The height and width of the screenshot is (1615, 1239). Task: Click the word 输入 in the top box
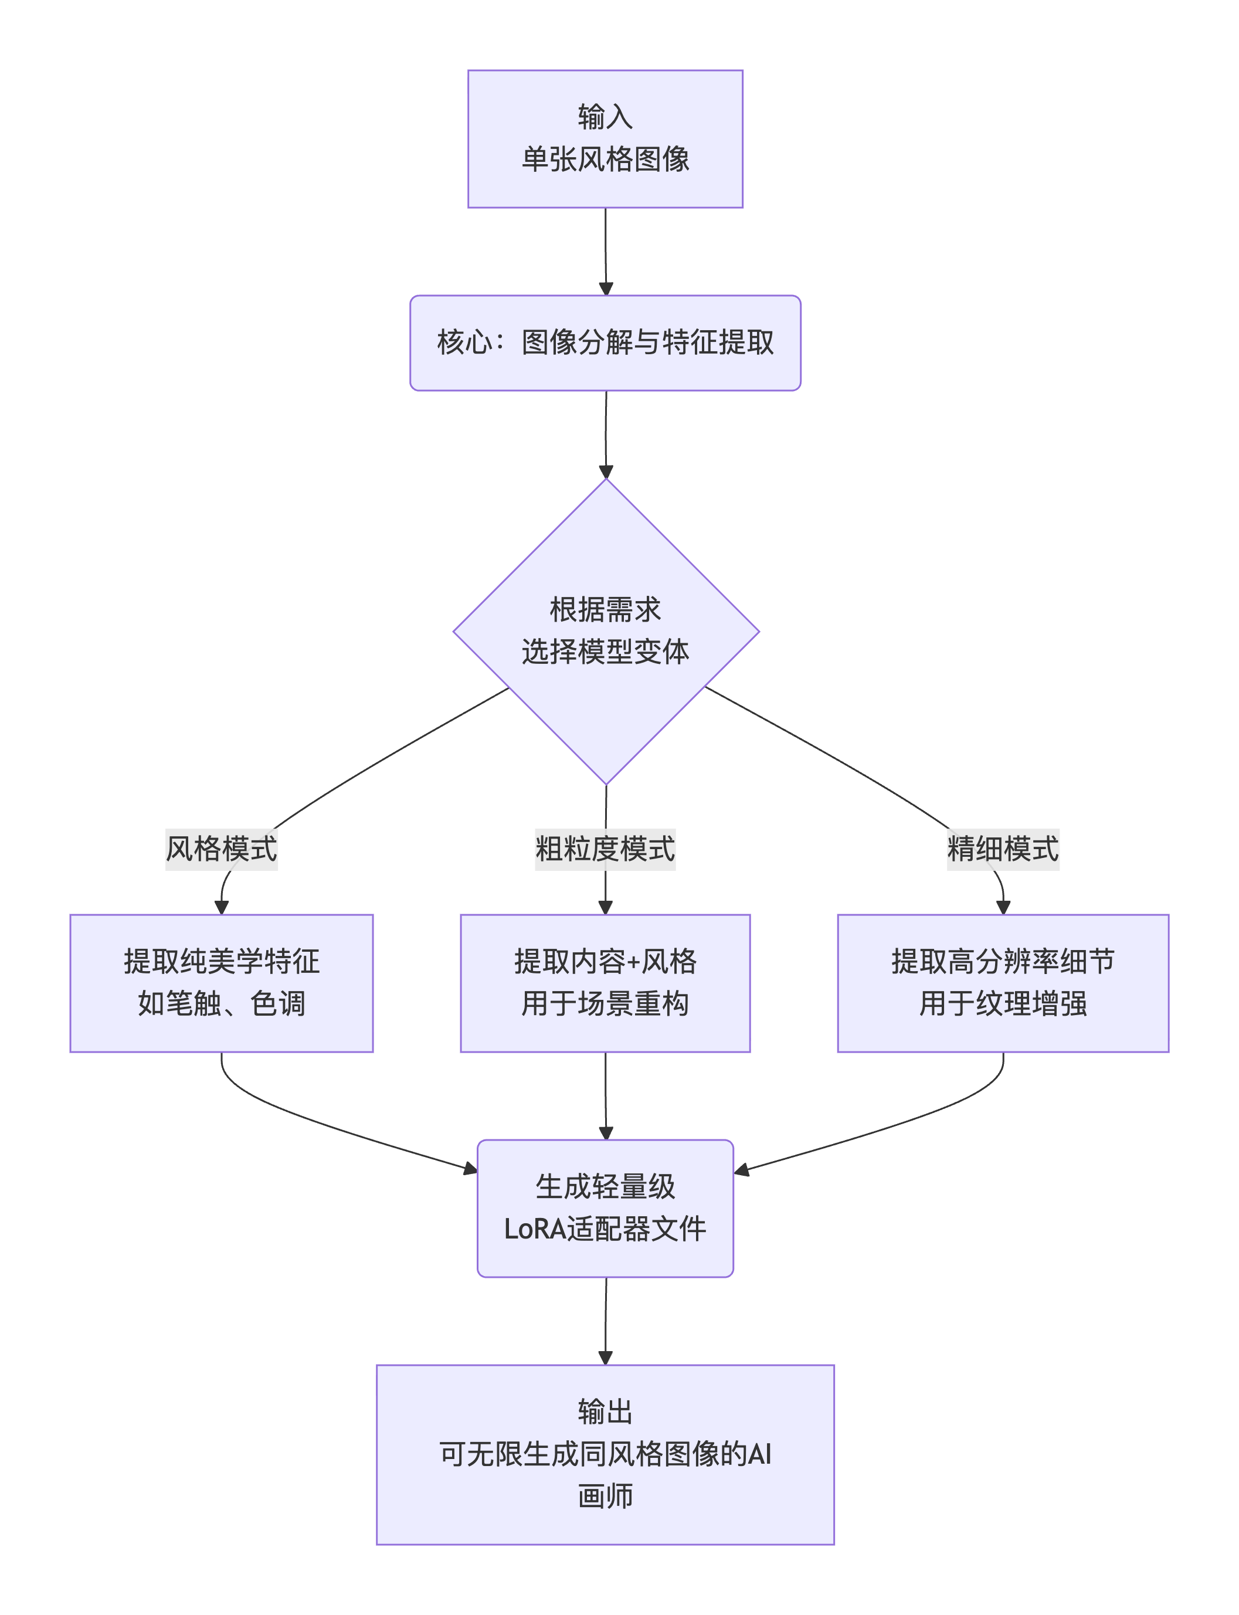(x=605, y=117)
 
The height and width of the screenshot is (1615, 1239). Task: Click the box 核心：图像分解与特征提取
(x=605, y=343)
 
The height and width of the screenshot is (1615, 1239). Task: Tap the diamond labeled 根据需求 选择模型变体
(x=606, y=631)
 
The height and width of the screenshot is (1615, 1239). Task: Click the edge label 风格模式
(x=221, y=849)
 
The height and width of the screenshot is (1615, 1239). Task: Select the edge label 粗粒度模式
(x=605, y=849)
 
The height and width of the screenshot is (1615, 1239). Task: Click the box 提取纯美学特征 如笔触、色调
(x=221, y=983)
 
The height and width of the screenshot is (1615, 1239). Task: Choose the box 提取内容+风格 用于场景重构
(x=605, y=983)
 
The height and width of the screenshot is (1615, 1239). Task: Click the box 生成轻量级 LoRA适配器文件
(x=605, y=1208)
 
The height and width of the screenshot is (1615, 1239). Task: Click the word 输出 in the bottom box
(x=605, y=1412)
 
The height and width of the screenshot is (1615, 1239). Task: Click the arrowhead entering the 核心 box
(x=606, y=289)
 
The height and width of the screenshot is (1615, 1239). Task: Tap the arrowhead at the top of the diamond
(x=606, y=472)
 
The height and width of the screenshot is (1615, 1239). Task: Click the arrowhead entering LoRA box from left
(x=470, y=1168)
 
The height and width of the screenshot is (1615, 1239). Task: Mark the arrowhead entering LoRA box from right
(x=742, y=1169)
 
